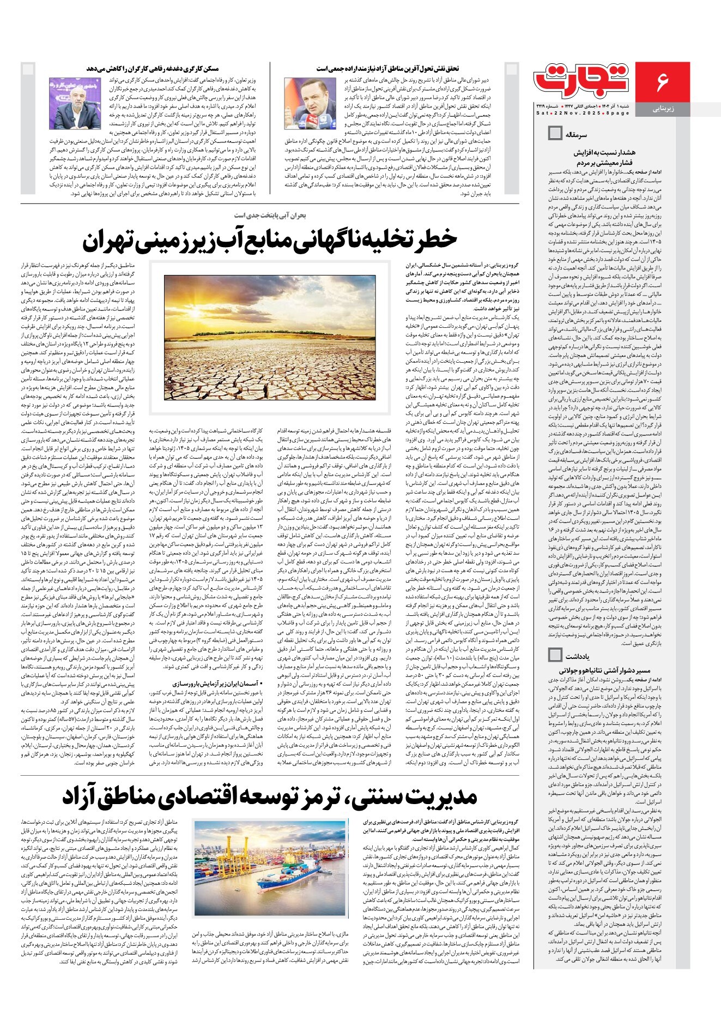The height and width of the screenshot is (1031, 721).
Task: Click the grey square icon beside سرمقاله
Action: coord(554,133)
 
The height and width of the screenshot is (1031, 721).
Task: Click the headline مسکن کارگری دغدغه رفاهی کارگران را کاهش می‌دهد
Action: coord(152,69)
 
